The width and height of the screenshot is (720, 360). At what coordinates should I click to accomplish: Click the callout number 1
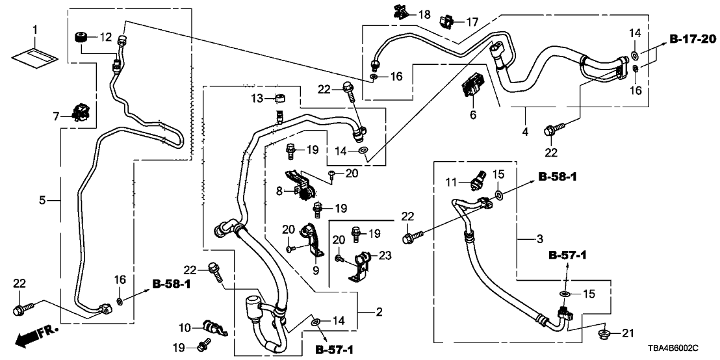point(35,30)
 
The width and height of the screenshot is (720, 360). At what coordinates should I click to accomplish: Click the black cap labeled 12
point(83,36)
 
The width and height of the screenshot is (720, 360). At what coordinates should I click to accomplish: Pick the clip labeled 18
point(400,12)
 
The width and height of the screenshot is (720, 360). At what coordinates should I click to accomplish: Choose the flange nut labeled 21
point(604,335)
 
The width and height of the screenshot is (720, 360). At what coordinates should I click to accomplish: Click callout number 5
point(42,200)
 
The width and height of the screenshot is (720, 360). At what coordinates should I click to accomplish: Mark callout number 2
point(379,313)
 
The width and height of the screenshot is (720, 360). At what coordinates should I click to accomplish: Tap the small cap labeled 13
point(281,99)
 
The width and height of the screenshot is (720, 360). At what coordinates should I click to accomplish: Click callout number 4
point(525,132)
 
